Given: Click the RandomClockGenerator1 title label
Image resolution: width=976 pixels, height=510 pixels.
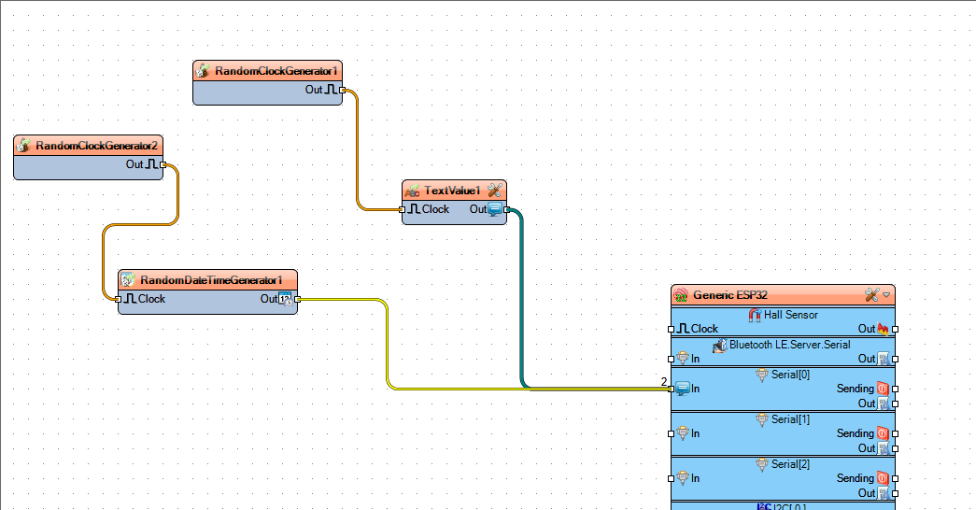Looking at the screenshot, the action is (276, 71).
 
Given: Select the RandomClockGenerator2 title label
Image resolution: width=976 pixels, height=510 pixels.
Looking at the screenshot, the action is (96, 146).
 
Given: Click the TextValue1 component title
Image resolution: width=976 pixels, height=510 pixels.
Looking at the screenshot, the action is (452, 191).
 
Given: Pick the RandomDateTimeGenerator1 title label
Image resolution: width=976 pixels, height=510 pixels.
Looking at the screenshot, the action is (211, 280).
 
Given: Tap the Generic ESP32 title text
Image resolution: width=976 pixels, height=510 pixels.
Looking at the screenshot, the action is (730, 295).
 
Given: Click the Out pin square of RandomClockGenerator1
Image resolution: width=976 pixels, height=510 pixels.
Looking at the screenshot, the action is (343, 91).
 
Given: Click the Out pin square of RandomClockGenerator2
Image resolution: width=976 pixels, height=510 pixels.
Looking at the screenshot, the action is (163, 165).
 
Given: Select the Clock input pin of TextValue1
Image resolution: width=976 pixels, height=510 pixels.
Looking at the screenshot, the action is (403, 210).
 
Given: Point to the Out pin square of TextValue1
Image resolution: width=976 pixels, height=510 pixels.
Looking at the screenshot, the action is (506, 210).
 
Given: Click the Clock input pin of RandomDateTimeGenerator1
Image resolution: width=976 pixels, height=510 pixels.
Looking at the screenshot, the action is (119, 300).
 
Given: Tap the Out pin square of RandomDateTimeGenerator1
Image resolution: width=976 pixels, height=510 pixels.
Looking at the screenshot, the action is (298, 300).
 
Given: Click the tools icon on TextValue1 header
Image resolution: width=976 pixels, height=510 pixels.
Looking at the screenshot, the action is (495, 191).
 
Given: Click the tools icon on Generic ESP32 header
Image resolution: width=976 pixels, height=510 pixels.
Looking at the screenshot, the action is (872, 295).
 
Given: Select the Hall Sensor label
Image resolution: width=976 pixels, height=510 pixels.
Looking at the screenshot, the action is (790, 315).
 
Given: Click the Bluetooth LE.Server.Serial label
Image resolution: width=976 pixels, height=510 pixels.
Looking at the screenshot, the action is (789, 345).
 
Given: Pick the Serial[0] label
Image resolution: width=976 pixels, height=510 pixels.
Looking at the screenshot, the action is (790, 375).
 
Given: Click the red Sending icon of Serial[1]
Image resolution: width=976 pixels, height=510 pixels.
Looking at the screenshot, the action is (883, 433).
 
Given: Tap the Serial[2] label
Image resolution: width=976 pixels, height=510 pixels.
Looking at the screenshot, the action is (790, 464).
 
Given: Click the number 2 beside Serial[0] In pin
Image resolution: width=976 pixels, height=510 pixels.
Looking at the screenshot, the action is (664, 382).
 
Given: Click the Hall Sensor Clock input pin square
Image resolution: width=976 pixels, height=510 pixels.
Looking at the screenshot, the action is (671, 329).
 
